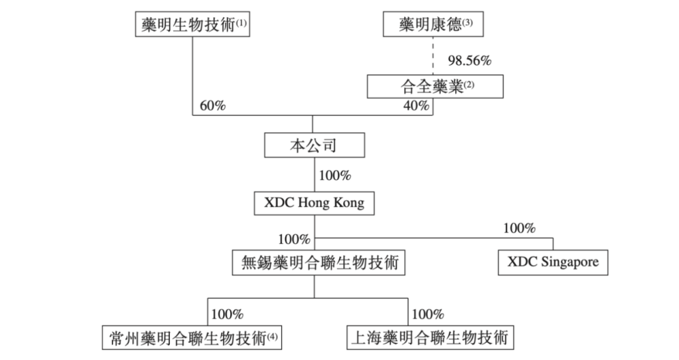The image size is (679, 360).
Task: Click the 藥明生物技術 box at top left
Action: tap(192, 25)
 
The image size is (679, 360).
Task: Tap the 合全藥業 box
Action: tap(435, 87)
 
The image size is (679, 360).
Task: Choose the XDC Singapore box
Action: tap(553, 262)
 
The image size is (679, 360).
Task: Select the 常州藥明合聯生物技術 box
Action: tap(192, 338)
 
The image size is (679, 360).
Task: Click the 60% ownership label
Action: tap(213, 106)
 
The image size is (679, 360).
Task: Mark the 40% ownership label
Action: tap(416, 106)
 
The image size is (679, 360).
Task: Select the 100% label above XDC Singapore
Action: tap(519, 229)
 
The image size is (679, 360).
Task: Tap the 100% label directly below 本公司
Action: tap(335, 175)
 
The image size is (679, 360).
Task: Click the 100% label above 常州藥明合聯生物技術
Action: tap(228, 314)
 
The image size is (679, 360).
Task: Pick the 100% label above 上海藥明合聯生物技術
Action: tap(428, 314)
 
